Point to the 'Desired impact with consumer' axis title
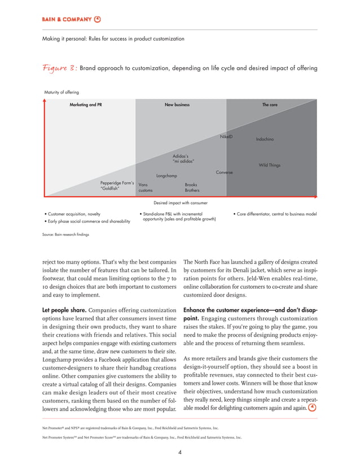pos(180,203)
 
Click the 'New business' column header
pos(177,105)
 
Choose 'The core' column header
pos(270,105)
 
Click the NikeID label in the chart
pos(226,137)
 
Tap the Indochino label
pos(265,139)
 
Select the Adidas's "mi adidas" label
pos(183,158)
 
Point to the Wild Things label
pos(269,165)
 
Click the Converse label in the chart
pos(224,172)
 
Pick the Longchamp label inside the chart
pos(166,176)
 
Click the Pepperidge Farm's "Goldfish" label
pos(116,186)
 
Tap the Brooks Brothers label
pos(192,187)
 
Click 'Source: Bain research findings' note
pos(62,234)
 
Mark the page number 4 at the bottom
pos(179,451)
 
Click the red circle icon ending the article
pos(312,407)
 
